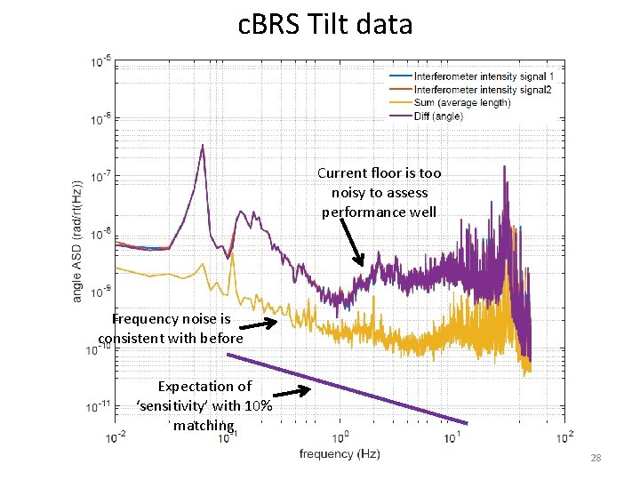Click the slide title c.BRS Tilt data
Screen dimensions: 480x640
pyautogui.click(x=325, y=24)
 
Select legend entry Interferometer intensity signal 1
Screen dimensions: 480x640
pyautogui.click(x=483, y=76)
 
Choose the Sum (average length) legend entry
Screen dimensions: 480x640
pyautogui.click(x=462, y=103)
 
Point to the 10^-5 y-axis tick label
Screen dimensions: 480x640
pyautogui.click(x=100, y=62)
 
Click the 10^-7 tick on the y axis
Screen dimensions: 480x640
pyautogui.click(x=100, y=177)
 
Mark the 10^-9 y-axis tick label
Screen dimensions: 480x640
pyautogui.click(x=100, y=292)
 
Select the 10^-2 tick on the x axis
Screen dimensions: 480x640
pyautogui.click(x=116, y=436)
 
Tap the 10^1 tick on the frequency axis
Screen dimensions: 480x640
pyautogui.click(x=452, y=436)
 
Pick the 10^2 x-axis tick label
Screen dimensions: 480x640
pyautogui.click(x=564, y=436)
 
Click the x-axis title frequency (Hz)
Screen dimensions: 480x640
pyautogui.click(x=340, y=454)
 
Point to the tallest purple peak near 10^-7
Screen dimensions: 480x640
pyautogui.click(x=203, y=147)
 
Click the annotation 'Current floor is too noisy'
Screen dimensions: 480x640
pyautogui.click(x=380, y=193)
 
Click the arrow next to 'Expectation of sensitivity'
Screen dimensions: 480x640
pyautogui.click(x=291, y=391)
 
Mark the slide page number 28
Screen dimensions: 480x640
pyautogui.click(x=596, y=459)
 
